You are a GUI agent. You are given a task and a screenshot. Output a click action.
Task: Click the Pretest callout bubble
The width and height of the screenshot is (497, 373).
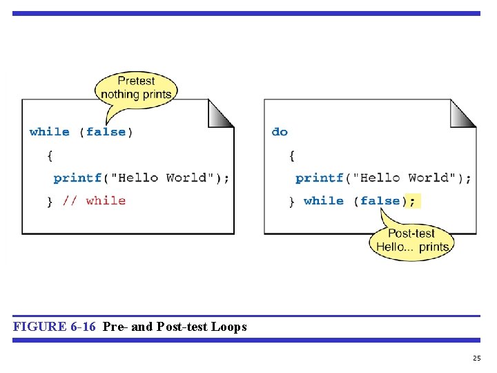click(136, 87)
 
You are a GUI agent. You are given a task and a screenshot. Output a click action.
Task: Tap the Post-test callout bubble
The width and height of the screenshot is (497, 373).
click(411, 240)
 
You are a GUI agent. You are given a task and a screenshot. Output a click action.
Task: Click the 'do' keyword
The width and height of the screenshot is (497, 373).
click(280, 132)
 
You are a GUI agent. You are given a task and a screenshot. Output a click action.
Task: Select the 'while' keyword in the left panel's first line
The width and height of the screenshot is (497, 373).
click(50, 132)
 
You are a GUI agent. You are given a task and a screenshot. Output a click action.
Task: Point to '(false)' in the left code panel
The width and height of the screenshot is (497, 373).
click(106, 132)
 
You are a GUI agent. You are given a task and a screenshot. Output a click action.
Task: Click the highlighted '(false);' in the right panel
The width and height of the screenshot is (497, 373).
click(388, 201)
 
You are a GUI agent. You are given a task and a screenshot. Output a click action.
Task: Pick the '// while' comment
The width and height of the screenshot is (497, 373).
click(94, 201)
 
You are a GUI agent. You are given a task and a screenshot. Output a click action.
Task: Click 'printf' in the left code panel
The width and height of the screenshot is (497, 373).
click(77, 178)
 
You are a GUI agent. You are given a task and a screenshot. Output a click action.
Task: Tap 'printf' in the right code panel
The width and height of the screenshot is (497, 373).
click(320, 178)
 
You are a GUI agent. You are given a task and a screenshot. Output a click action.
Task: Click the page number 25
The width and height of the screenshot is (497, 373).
click(476, 358)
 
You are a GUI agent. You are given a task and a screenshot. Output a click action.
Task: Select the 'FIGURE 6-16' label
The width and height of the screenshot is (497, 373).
click(54, 327)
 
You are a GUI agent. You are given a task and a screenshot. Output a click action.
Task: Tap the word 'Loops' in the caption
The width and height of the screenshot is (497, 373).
click(229, 327)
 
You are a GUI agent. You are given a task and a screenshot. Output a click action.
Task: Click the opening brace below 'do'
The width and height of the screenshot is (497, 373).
click(292, 156)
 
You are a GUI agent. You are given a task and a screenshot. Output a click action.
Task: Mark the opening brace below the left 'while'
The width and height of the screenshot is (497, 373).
click(50, 156)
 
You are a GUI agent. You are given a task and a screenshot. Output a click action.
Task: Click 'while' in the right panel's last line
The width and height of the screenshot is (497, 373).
click(323, 201)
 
